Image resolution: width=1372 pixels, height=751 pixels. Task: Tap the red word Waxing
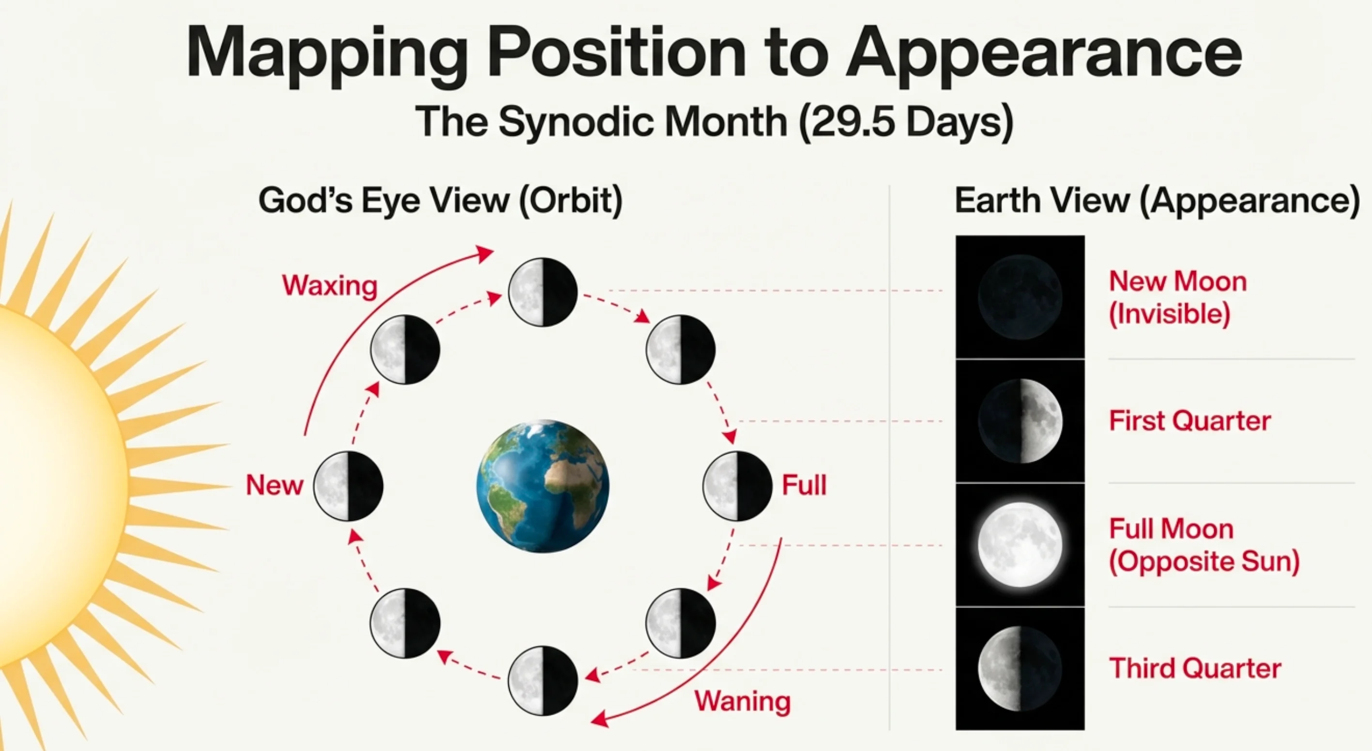330,286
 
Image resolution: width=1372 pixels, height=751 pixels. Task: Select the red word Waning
743,701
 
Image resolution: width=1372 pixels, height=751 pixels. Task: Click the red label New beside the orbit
274,485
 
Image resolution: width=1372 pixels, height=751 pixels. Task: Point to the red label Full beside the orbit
804,485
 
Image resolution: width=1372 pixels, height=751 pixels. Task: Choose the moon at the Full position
737,485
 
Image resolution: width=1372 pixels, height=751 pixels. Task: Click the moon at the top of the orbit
543,292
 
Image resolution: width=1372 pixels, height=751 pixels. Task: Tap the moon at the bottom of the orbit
543,680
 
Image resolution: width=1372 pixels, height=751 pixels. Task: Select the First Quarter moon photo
1020,421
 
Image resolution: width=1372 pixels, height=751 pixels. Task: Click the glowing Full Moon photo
1020,545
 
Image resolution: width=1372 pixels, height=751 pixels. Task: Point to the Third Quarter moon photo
1020,668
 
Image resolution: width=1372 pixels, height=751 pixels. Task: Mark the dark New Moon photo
1020,297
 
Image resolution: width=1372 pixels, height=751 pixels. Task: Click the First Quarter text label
1189,421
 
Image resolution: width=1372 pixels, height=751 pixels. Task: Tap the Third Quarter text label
1195,668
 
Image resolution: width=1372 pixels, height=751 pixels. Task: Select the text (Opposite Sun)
1204,561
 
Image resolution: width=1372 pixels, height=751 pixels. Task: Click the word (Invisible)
1169,313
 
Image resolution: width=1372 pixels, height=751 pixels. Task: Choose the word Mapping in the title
326,53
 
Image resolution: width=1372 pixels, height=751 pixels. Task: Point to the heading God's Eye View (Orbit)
440,201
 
